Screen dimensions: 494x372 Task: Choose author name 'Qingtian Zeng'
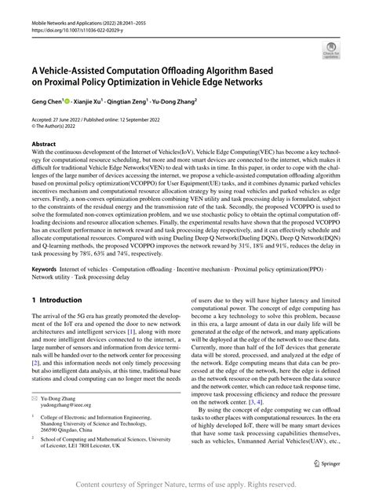click(x=139, y=101)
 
